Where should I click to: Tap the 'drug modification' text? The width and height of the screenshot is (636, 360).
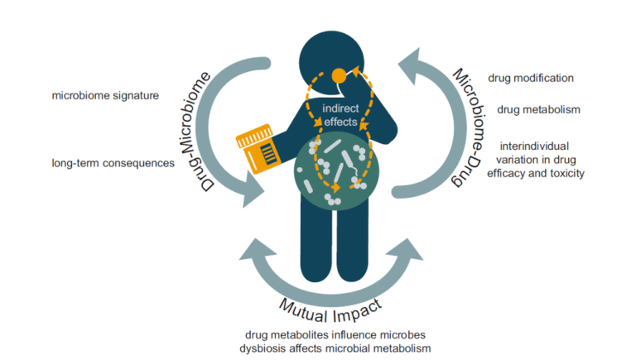531,79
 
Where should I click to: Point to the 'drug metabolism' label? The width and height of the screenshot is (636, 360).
538,109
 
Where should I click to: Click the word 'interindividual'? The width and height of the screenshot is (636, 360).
534,147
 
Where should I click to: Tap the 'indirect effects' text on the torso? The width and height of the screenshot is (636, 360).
340,116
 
